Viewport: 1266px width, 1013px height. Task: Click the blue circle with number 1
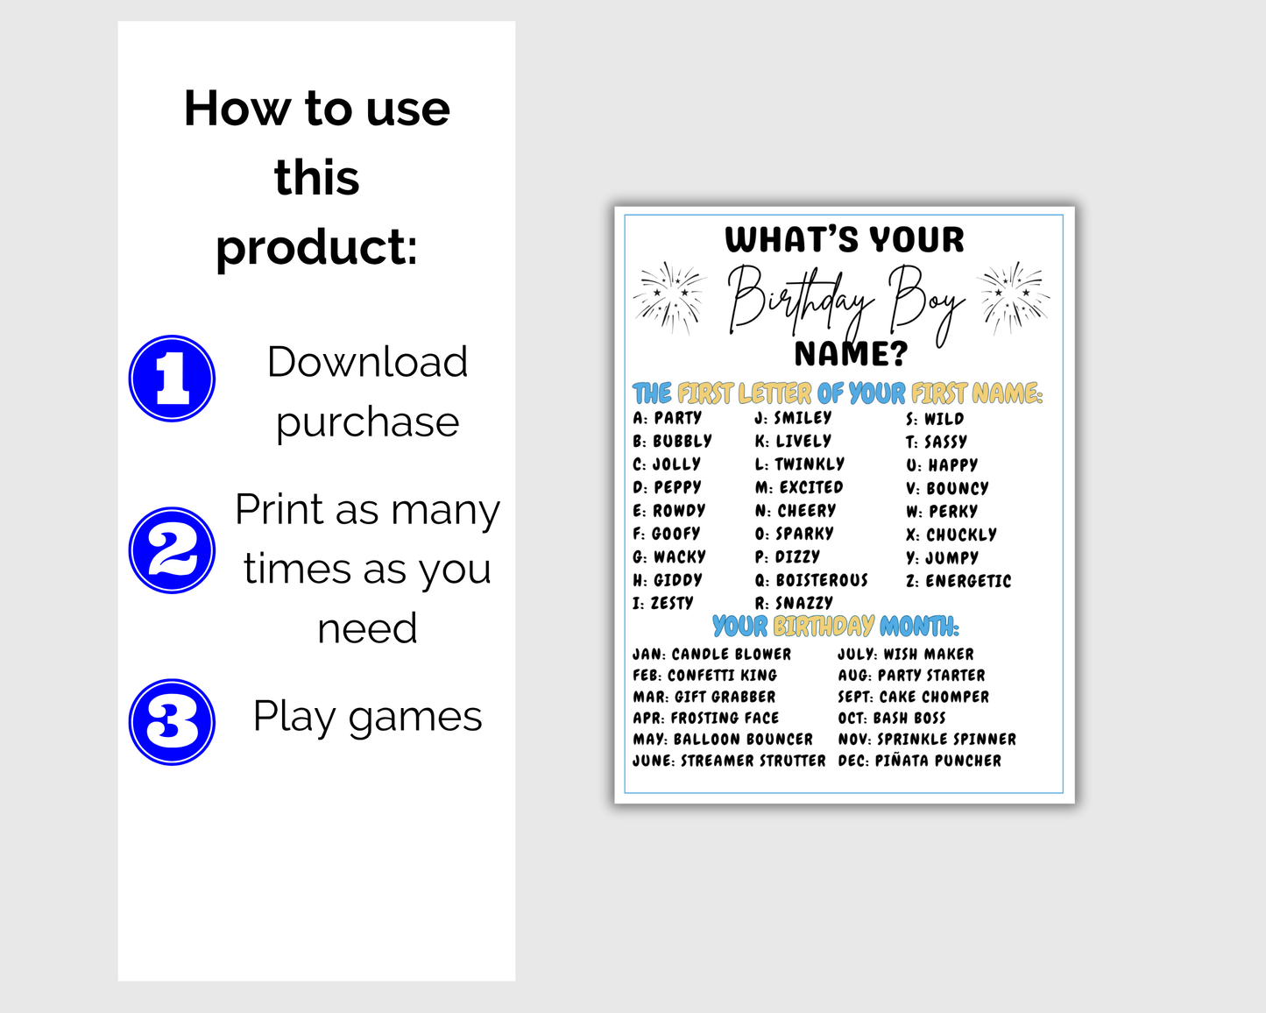pyautogui.click(x=172, y=379)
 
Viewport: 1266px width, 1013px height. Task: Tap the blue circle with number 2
pyautogui.click(x=172, y=550)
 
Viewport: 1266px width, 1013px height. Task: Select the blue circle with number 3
pyautogui.click(x=172, y=722)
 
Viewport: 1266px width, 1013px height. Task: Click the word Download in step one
pyautogui.click(x=367, y=362)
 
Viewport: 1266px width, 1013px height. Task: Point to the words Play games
pyautogui.click(x=367, y=717)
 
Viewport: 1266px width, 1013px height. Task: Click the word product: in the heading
pyautogui.click(x=316, y=246)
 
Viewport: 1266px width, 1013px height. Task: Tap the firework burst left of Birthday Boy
pyautogui.click(x=669, y=298)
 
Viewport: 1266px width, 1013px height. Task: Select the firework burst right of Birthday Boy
pyautogui.click(x=1013, y=298)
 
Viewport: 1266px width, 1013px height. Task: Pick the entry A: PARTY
pyautogui.click(x=668, y=418)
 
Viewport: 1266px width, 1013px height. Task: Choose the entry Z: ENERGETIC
pyautogui.click(x=958, y=581)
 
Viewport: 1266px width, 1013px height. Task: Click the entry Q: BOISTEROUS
pyautogui.click(x=811, y=580)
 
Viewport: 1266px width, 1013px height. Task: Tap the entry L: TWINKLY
pyautogui.click(x=800, y=464)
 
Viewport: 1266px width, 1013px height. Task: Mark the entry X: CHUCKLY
pyautogui.click(x=951, y=535)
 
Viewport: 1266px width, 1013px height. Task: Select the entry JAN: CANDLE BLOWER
pyautogui.click(x=711, y=655)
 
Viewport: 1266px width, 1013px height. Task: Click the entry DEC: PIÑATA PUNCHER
pyautogui.click(x=919, y=761)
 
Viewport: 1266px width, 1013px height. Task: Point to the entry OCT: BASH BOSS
pyautogui.click(x=891, y=719)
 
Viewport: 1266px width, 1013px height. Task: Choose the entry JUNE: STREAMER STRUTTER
pyautogui.click(x=729, y=761)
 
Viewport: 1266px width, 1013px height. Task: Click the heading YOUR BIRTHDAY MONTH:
pyautogui.click(x=836, y=627)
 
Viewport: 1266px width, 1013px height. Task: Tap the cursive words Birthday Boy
pyautogui.click(x=845, y=301)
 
